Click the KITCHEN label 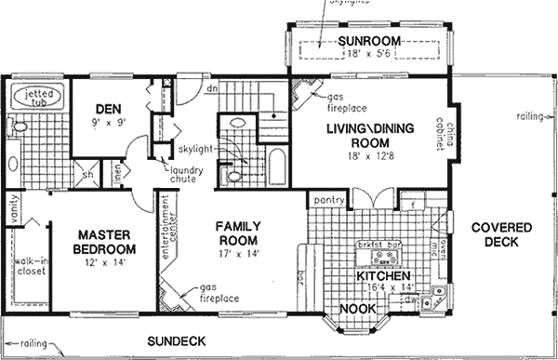(382, 276)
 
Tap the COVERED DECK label (499, 236)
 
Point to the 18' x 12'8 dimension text (371, 156)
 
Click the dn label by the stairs (211, 87)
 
